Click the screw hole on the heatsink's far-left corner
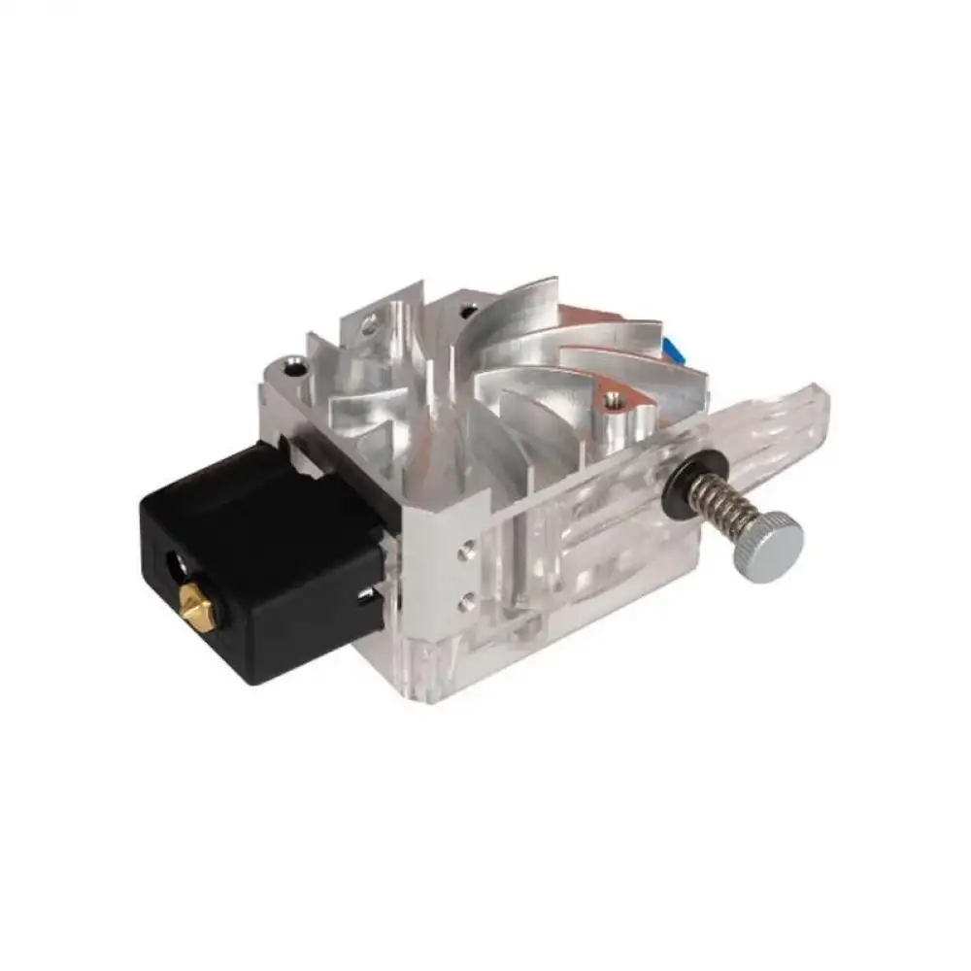click(288, 367)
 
